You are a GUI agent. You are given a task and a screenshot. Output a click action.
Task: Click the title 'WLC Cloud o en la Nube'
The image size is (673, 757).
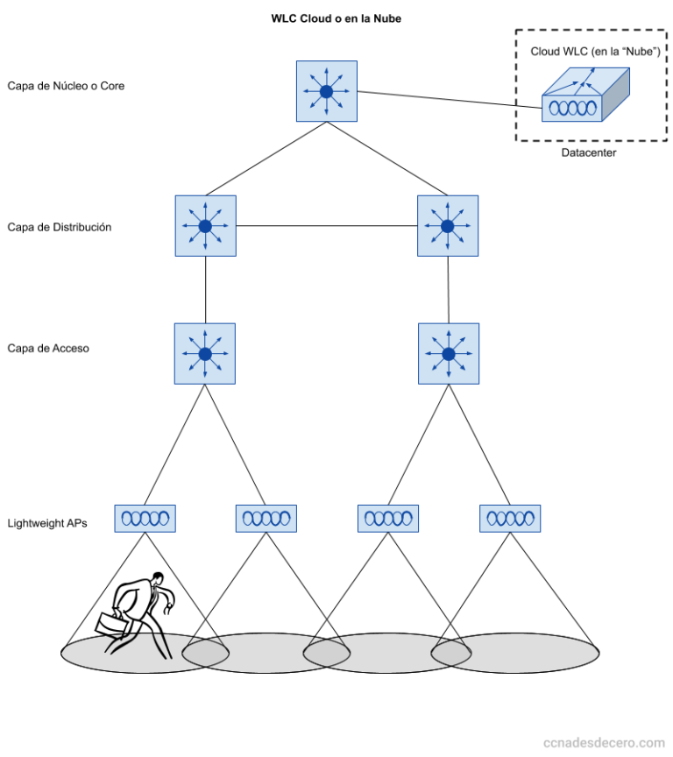pos(336,18)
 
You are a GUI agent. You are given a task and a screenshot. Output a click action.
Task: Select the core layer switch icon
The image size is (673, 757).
pos(326,91)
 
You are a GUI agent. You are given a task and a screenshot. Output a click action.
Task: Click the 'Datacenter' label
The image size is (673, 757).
pos(589,152)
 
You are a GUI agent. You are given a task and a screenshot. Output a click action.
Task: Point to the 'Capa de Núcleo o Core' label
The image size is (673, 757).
pos(66,86)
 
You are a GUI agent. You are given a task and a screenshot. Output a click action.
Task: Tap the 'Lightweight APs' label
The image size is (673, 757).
pos(47,524)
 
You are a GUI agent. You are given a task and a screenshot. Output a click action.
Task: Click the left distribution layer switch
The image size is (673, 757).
pos(205,226)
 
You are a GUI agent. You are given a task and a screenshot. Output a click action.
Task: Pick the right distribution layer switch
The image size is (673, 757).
pos(448,226)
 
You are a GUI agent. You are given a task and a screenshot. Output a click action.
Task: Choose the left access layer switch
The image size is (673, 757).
pos(205,354)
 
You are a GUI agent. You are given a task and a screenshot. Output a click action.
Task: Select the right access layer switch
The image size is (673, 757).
pos(449,354)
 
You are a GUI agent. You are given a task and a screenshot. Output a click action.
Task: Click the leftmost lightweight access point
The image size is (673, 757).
pos(145,518)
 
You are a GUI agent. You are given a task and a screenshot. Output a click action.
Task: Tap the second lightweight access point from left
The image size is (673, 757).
pos(266,518)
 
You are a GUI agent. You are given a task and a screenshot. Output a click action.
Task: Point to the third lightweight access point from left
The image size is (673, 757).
pos(388,518)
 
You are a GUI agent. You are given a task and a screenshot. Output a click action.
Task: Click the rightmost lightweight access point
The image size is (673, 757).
pos(510,518)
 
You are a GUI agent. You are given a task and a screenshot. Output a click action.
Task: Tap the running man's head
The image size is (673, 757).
pos(158,579)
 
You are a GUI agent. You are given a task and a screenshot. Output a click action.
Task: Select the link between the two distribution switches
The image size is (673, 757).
pos(326,226)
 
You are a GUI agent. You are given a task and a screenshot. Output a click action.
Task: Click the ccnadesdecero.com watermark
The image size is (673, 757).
pos(604,741)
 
